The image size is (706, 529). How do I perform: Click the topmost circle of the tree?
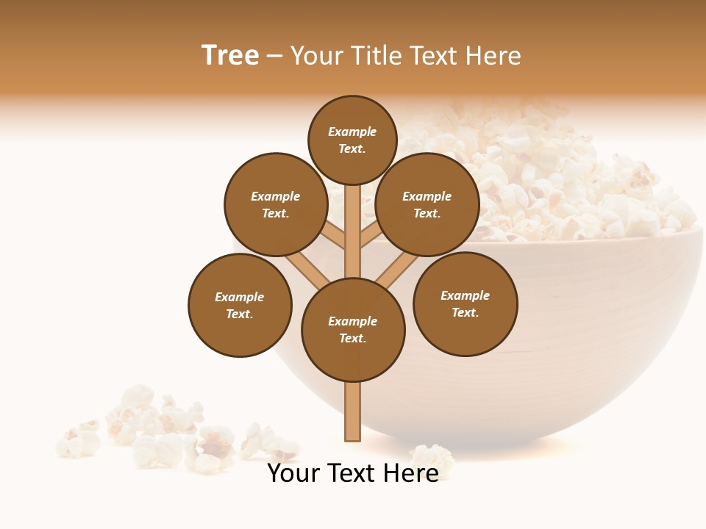(x=352, y=140)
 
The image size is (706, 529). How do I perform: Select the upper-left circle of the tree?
(x=276, y=204)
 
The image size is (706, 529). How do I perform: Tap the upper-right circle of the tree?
(x=427, y=204)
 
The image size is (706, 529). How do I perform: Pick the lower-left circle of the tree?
(x=240, y=305)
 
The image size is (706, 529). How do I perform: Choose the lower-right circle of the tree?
(x=465, y=303)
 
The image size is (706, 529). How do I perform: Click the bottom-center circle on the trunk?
(x=353, y=330)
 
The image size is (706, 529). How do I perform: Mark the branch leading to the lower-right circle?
(x=397, y=270)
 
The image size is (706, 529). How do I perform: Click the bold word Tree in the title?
(x=230, y=56)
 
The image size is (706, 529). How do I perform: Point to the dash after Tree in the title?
(x=274, y=56)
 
